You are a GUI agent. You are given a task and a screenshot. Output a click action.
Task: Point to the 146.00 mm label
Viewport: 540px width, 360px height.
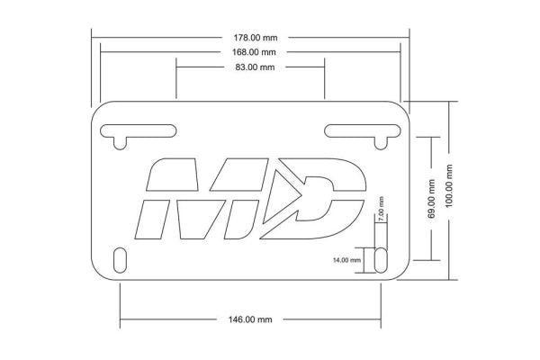click(x=251, y=319)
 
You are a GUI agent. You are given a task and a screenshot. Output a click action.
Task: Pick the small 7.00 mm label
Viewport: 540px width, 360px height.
click(x=381, y=210)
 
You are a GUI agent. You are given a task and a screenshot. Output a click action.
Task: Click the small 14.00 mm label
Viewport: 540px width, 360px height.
click(x=346, y=259)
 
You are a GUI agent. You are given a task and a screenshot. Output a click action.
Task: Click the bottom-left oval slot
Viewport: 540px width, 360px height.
click(x=121, y=259)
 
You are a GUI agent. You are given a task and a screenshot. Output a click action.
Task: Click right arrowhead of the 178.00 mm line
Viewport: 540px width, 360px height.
click(x=407, y=38)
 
